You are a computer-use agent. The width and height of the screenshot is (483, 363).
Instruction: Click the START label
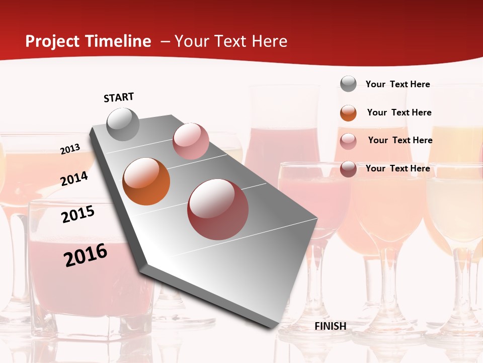tap(119, 97)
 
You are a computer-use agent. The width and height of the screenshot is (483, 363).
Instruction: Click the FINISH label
tap(331, 326)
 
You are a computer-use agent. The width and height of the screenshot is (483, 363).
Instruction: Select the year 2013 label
tap(70, 149)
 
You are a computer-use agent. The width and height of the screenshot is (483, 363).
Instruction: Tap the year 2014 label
tap(74, 178)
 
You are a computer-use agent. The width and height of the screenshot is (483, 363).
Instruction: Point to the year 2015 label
tap(78, 214)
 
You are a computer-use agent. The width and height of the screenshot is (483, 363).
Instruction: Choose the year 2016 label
tap(86, 255)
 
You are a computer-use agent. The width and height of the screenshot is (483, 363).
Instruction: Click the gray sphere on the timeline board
tap(123, 124)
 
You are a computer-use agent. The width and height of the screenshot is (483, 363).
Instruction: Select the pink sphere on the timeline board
tap(191, 141)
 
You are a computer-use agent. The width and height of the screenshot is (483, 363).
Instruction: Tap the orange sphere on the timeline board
tap(146, 181)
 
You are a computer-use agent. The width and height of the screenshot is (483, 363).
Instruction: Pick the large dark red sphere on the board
tap(218, 209)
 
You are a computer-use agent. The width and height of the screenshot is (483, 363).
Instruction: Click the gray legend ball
tap(348, 84)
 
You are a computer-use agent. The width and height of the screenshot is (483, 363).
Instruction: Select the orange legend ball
tap(348, 113)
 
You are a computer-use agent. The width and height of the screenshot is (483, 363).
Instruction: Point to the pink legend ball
tap(348, 141)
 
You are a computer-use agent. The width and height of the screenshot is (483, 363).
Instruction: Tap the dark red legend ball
tap(348, 169)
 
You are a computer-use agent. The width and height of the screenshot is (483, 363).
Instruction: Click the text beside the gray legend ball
tap(398, 84)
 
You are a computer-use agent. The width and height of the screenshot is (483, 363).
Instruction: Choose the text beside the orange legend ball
tap(399, 112)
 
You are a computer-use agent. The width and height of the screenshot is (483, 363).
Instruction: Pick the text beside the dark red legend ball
tap(398, 168)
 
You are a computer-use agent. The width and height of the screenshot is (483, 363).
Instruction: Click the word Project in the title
tap(53, 41)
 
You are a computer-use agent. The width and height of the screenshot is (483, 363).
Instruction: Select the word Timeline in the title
tap(118, 41)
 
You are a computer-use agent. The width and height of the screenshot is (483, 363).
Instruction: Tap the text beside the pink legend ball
tap(400, 140)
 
